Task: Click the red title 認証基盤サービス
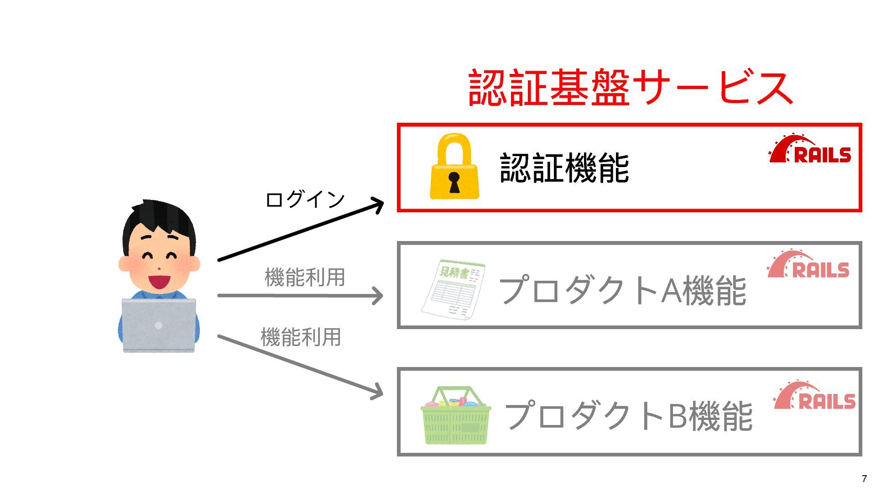coord(631,88)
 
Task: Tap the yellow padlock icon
coord(454,167)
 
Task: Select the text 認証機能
coord(564,168)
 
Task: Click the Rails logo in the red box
coord(810,149)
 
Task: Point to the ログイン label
coord(305,199)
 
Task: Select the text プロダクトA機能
coord(622,290)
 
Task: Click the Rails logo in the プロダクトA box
coord(808,264)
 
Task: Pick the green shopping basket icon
coord(455,416)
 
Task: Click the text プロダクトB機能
coord(628,416)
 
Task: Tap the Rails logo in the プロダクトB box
coord(815,396)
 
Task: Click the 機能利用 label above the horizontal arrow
coord(305,277)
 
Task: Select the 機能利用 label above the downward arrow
coord(301,337)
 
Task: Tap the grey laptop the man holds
coord(159,325)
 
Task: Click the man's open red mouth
coord(159,281)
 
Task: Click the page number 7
coord(864,479)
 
